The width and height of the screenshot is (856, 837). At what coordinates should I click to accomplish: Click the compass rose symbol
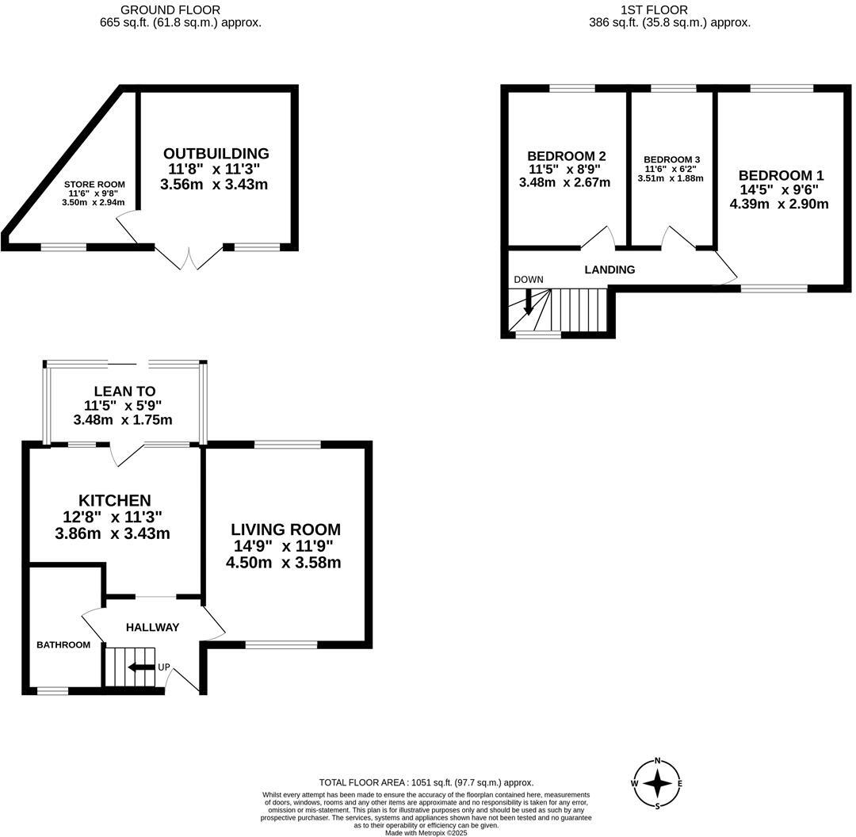657,784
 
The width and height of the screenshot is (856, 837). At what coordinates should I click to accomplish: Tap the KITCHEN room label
114,500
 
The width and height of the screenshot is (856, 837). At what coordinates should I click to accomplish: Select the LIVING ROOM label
285,529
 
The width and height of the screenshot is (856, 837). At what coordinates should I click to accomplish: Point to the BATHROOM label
63,644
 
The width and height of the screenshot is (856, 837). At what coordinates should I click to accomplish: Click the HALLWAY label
152,627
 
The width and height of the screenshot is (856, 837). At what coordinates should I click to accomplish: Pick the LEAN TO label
124,391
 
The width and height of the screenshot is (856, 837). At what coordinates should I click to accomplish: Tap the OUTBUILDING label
216,153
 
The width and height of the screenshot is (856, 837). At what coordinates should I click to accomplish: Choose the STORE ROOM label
94,184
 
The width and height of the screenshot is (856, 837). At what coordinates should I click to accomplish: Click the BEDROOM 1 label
775,175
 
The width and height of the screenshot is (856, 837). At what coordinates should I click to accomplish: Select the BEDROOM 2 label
567,155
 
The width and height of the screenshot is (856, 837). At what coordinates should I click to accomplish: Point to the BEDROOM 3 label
671,159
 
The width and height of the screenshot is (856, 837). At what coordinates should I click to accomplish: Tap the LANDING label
610,269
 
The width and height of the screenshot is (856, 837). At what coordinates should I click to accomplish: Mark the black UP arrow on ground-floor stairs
141,667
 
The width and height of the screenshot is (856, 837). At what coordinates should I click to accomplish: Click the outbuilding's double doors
189,258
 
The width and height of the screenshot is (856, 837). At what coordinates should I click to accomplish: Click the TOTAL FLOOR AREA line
426,782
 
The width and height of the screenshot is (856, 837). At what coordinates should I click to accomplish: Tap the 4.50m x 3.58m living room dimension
284,563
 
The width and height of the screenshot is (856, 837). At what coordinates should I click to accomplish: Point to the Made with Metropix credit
426,832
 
